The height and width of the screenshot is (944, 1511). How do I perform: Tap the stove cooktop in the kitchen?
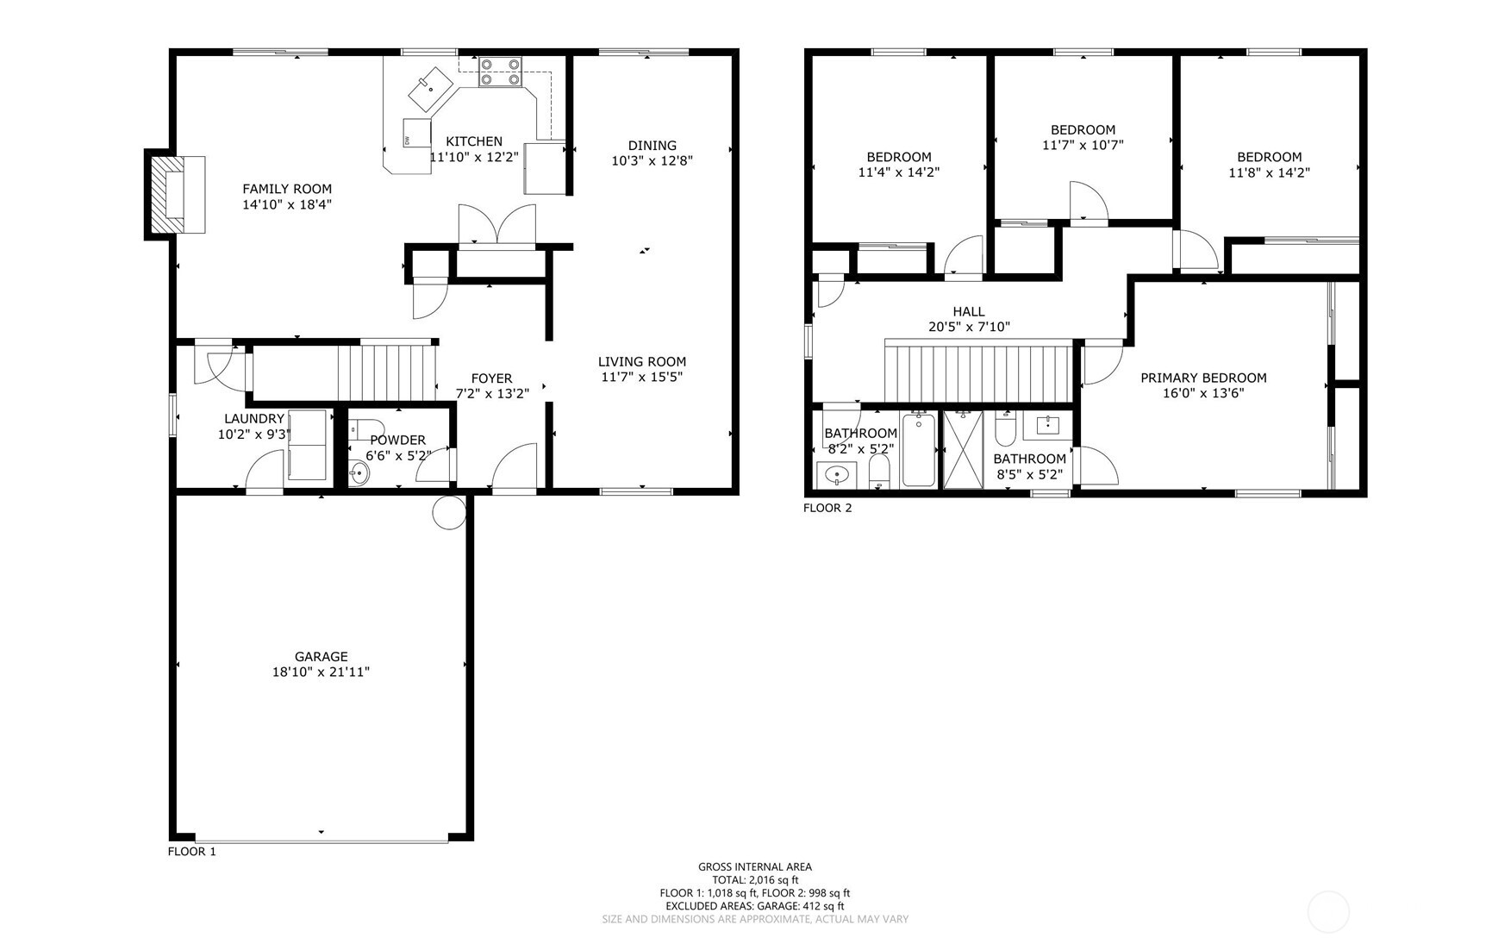click(x=501, y=72)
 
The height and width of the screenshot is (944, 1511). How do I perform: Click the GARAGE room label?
click(x=322, y=657)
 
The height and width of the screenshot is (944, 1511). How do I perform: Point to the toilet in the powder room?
click(x=365, y=429)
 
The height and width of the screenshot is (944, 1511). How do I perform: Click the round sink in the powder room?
click(x=359, y=472)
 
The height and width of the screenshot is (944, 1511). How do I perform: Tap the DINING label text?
click(x=652, y=146)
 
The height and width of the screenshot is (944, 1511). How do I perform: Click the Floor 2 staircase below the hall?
click(x=979, y=371)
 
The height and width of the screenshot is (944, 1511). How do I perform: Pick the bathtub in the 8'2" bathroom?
click(x=919, y=451)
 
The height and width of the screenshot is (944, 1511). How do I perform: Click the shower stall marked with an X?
click(x=964, y=450)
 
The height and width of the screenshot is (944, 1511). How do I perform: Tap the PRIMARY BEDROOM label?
click(x=1203, y=378)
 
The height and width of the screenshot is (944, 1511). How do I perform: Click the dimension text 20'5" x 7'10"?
click(x=969, y=327)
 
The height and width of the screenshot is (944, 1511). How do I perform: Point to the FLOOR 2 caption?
click(x=827, y=508)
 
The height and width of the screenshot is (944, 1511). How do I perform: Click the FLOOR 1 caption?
click(x=191, y=852)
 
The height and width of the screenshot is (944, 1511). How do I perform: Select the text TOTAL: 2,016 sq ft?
click(x=755, y=880)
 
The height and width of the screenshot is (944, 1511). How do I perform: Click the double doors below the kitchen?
click(x=496, y=227)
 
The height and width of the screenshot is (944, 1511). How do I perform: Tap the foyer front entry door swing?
click(x=515, y=467)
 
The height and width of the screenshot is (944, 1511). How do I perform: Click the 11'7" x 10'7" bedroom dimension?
click(x=1083, y=145)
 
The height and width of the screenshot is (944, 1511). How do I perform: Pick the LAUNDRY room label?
click(x=254, y=419)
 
